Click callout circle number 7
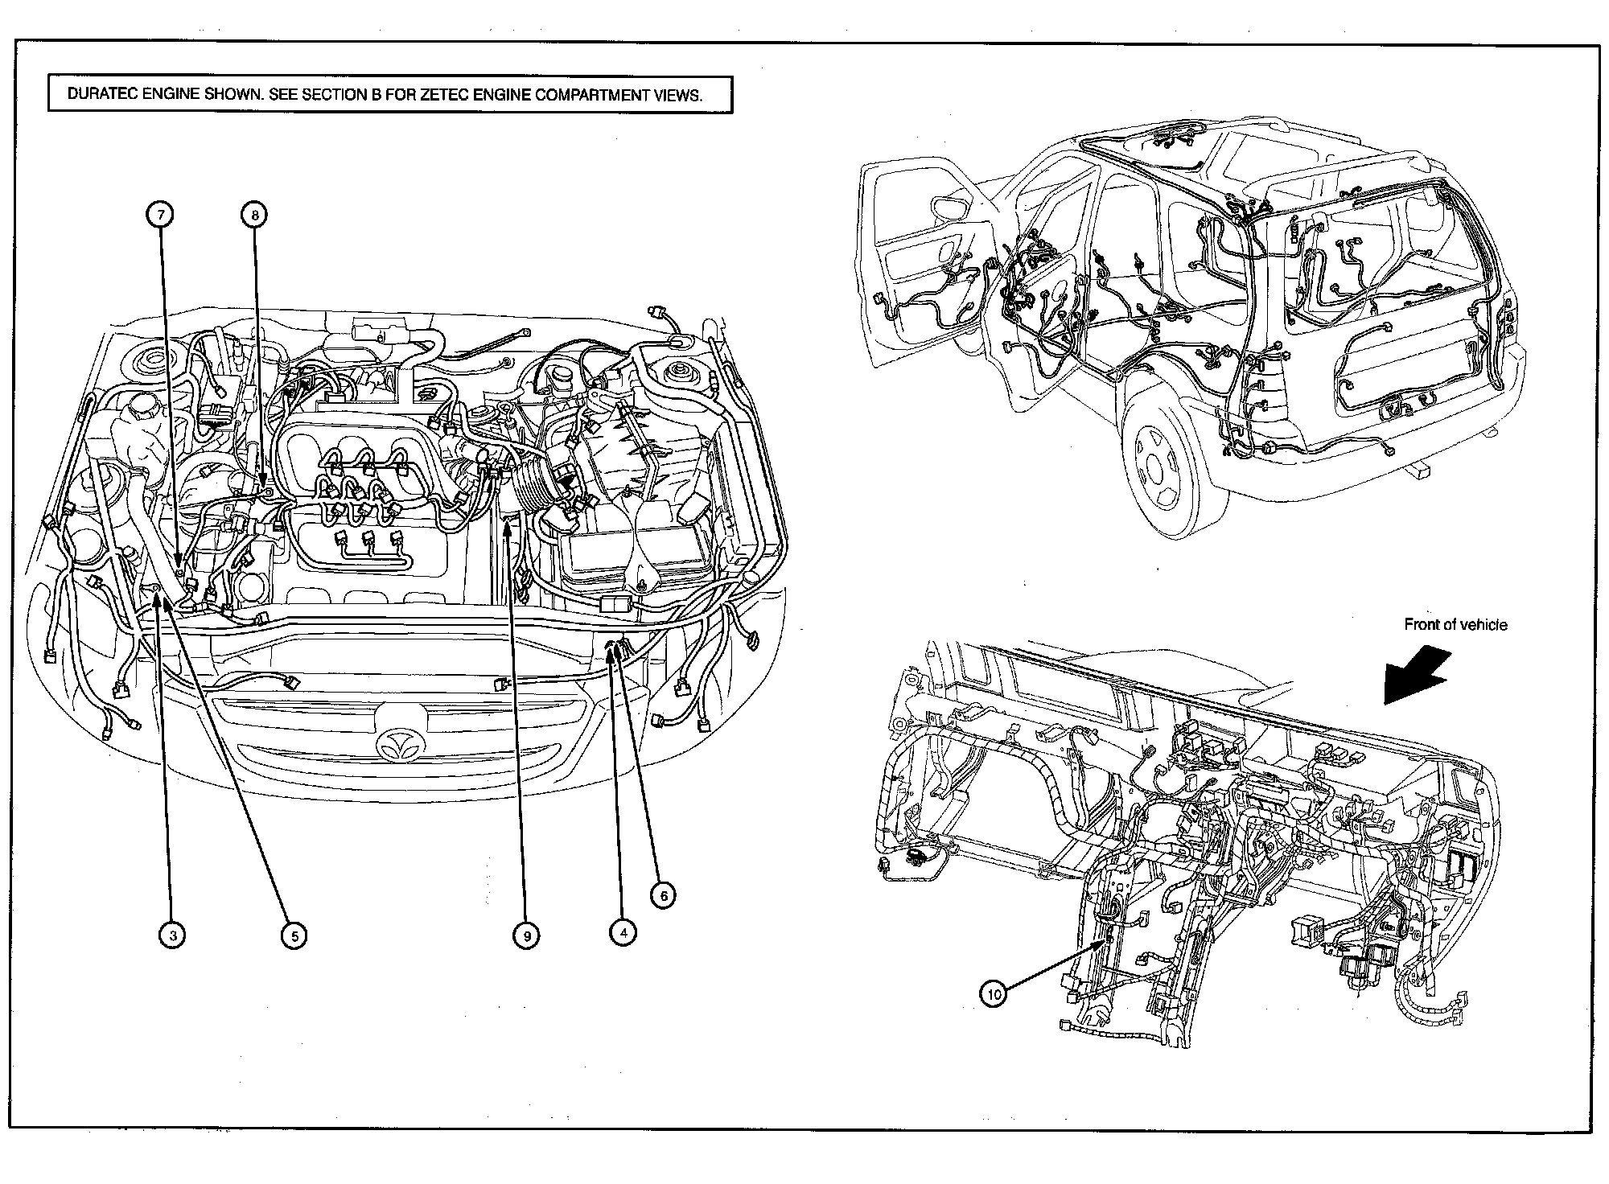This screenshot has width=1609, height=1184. tap(160, 215)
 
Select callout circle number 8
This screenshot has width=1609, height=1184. tap(254, 215)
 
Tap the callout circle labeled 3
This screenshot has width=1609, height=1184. tap(171, 935)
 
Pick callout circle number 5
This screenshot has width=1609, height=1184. tap(294, 935)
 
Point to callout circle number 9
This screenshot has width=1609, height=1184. tap(526, 935)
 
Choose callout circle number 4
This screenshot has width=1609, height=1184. tap(623, 932)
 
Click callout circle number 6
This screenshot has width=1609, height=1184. tap(663, 895)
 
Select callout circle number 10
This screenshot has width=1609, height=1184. tap(994, 994)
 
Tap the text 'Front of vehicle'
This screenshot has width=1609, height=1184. tap(1455, 624)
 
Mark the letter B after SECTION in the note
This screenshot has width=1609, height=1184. tap(375, 95)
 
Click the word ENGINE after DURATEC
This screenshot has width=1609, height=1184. tap(172, 95)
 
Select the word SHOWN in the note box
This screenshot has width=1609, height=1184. tap(233, 95)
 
